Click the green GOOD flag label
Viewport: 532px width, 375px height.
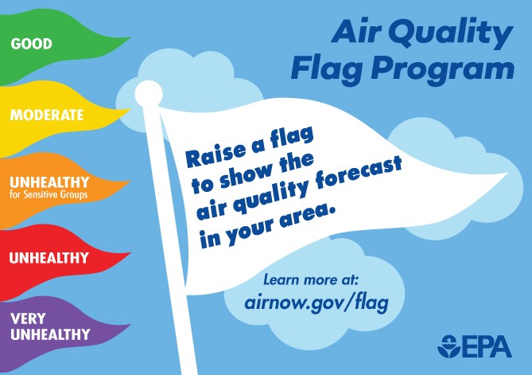coord(31,43)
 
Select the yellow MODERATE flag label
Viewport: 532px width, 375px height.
coord(47,115)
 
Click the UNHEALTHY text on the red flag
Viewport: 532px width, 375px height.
coord(49,258)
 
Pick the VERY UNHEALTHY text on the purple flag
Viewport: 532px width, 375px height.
coord(49,326)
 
